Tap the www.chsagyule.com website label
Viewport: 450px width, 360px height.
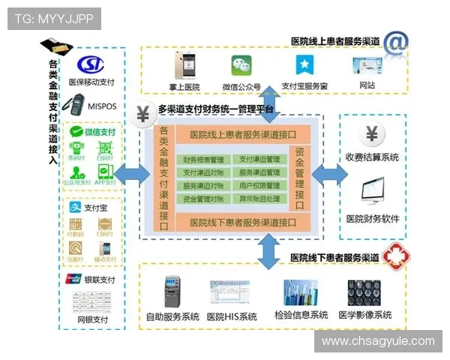pos(378,341)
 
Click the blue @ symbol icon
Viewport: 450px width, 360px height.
pos(395,44)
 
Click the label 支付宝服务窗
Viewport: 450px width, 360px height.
pos(304,86)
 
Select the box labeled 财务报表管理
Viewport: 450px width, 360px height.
pos(203,160)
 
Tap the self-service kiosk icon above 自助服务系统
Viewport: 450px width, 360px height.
pos(172,292)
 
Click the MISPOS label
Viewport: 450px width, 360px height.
pos(102,106)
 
